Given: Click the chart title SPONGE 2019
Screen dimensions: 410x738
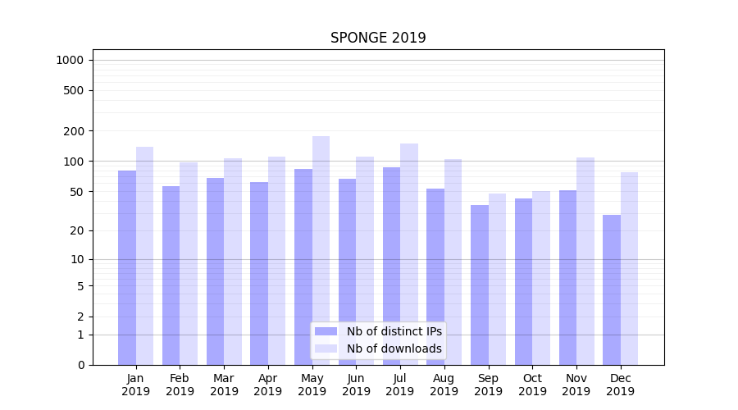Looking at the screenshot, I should tap(378, 38).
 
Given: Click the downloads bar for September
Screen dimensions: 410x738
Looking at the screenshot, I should tap(497, 279).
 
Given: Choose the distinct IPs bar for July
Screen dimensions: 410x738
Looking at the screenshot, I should tap(391, 266).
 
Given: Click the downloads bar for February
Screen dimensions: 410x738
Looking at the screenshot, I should tap(189, 263).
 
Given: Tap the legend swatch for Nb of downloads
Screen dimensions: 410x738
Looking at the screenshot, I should tap(326, 348).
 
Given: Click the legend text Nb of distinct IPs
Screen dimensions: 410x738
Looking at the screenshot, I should tap(394, 331).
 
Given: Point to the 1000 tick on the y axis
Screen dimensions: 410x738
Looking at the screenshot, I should tap(70, 60).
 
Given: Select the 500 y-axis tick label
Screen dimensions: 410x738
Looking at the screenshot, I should tap(74, 90).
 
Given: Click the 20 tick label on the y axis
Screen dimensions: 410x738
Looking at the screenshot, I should tap(77, 230).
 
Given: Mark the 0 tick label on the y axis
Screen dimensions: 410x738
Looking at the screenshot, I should tap(80, 365).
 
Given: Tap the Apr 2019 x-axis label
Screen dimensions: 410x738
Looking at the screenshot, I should tap(268, 385).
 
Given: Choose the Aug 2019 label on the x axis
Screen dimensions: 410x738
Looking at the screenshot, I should tap(444, 385).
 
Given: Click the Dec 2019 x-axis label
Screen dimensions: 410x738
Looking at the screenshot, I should tap(621, 385).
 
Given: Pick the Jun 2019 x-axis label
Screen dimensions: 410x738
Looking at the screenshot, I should tap(356, 385).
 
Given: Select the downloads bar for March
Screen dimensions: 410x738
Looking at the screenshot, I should tap(233, 262).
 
